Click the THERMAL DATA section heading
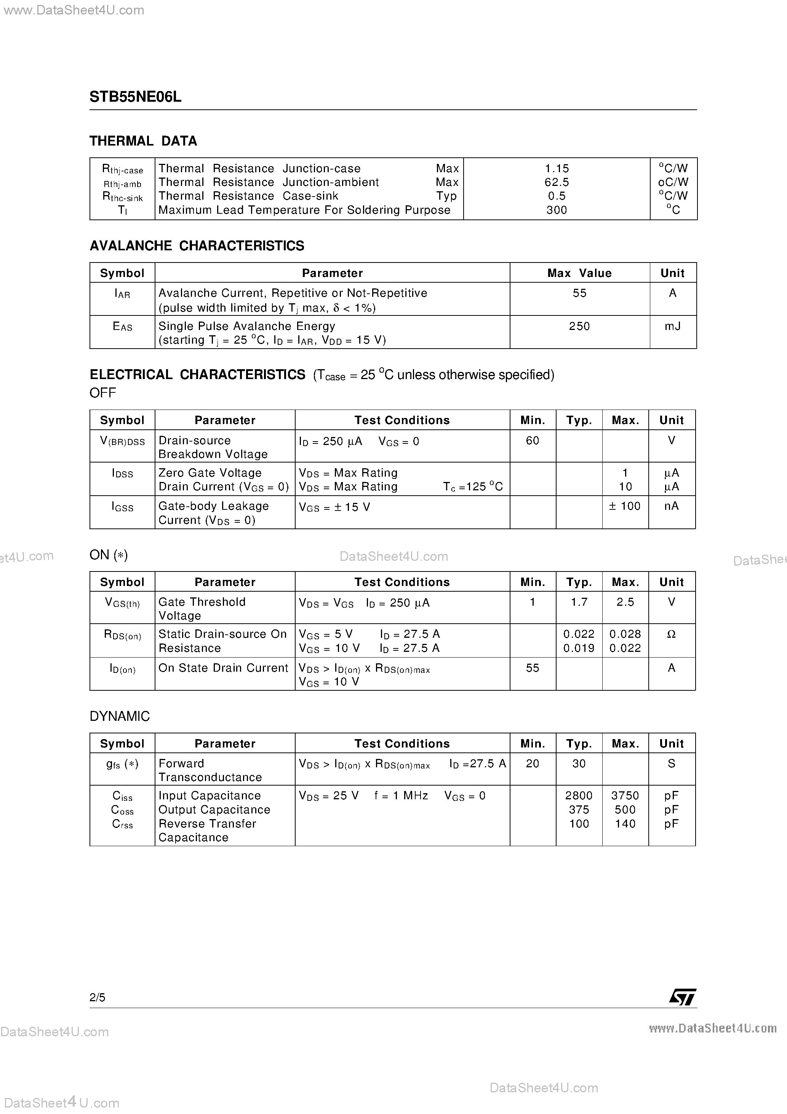143,141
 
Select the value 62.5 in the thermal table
557,182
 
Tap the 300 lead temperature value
557,210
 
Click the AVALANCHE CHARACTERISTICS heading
197,246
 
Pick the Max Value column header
579,273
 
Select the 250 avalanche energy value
579,326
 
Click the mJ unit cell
672,326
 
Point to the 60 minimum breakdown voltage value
532,440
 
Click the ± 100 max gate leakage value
625,506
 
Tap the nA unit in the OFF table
672,506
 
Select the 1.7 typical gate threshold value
579,602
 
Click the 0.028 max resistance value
625,634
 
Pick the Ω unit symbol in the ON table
672,634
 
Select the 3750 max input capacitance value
625,796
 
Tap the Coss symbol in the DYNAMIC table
122,810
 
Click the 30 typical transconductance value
579,764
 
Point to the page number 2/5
97,997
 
